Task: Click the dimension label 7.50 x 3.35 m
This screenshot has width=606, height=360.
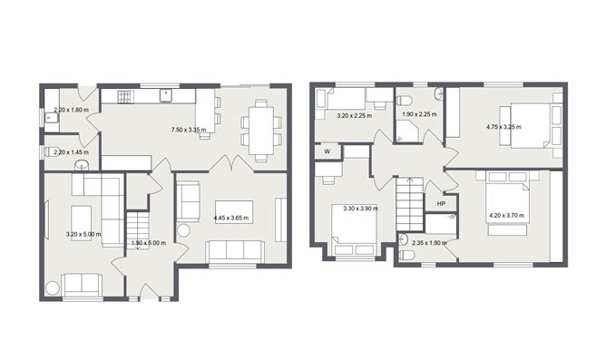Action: point(189,130)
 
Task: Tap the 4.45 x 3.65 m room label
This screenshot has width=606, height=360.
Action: point(231,218)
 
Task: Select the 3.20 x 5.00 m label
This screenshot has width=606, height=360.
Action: point(83,234)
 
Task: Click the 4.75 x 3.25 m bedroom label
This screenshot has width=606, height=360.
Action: point(504,127)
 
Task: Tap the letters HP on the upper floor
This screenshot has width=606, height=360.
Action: point(441,204)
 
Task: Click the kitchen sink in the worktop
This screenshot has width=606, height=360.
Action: point(166,94)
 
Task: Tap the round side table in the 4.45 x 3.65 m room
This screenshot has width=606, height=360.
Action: point(184,230)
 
